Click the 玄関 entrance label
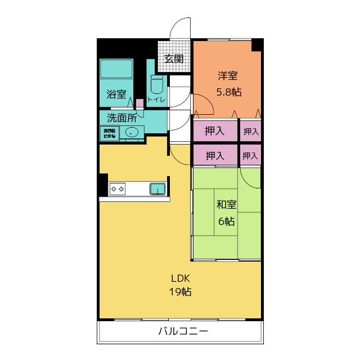[x=174, y=58]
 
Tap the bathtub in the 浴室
[x=116, y=70]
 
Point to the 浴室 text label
[x=116, y=94]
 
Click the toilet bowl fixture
[x=157, y=86]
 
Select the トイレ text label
[x=156, y=100]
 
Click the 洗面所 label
[x=121, y=118]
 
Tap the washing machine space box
[x=109, y=133]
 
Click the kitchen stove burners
[x=118, y=189]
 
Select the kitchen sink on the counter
[x=158, y=189]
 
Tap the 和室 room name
[x=226, y=205]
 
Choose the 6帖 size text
[x=226, y=221]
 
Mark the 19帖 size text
[x=180, y=292]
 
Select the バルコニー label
[x=183, y=331]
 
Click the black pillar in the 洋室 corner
[x=256, y=44]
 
